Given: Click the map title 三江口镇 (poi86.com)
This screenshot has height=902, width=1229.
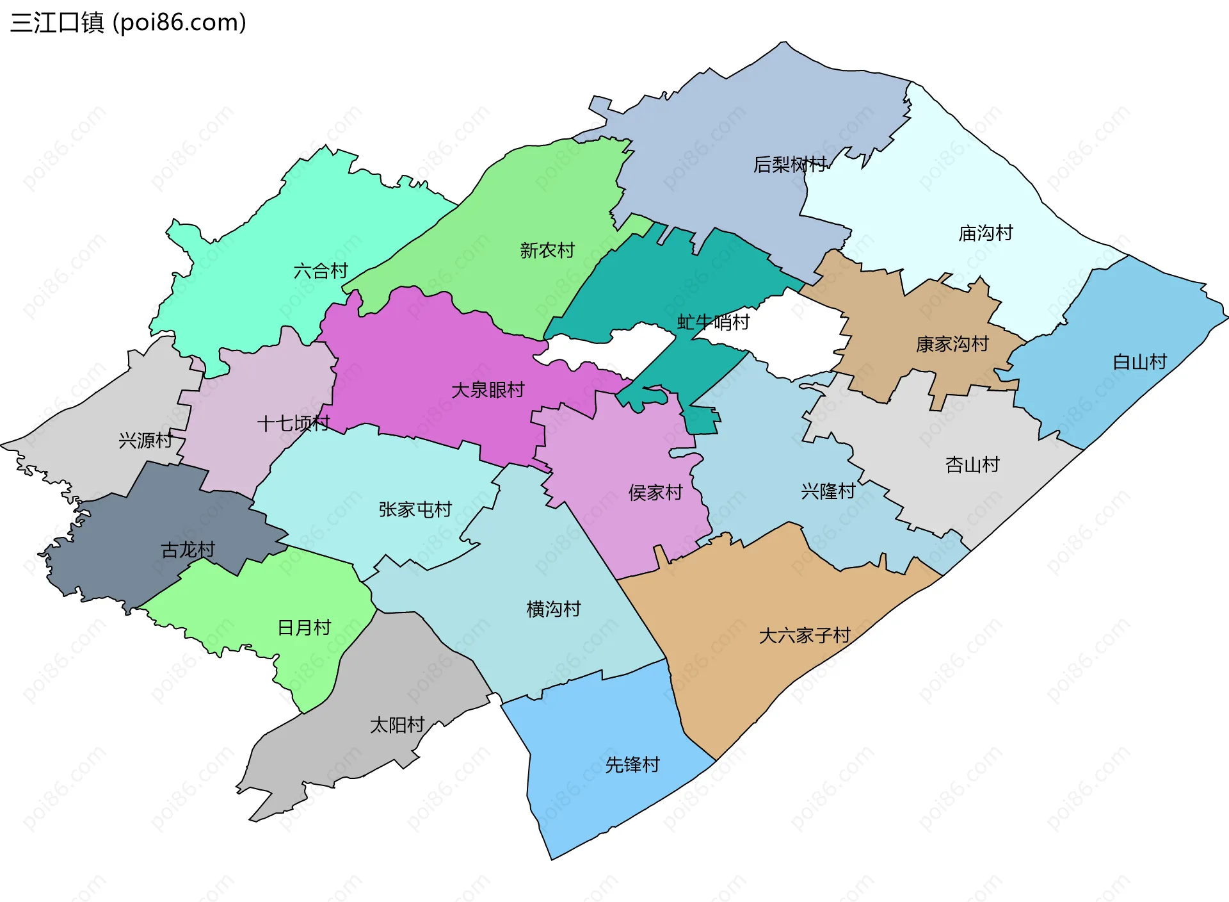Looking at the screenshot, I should [x=128, y=22].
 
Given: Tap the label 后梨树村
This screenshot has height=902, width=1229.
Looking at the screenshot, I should [x=790, y=165].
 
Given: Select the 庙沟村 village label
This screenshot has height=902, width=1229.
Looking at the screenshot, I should [x=985, y=233].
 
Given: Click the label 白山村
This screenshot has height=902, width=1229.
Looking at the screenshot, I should [x=1139, y=362].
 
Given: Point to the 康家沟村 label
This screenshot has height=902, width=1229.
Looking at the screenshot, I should [x=952, y=344].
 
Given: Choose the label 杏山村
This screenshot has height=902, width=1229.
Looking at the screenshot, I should [x=972, y=464].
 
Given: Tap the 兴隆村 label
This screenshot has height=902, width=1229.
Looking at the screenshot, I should [x=828, y=491].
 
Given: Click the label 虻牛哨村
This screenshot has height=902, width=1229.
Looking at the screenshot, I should [x=713, y=322].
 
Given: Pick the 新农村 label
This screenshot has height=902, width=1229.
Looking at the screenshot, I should [x=547, y=250].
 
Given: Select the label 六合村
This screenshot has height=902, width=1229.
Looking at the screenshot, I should [x=320, y=271].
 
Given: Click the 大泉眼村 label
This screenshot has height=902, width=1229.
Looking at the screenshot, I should [x=488, y=389].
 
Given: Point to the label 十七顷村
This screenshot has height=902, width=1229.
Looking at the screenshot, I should [x=293, y=423].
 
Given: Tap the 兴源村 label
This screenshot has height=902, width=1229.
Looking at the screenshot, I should [x=146, y=440].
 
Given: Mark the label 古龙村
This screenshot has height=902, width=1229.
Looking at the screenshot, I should [x=188, y=550].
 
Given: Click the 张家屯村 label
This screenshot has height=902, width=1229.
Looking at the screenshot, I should [x=415, y=509].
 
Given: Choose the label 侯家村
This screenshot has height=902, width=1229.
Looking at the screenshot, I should [x=655, y=493].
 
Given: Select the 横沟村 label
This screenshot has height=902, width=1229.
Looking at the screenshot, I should [x=553, y=609].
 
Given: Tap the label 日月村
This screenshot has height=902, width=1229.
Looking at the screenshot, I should [x=304, y=627].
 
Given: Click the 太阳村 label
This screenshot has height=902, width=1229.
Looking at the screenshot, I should [x=397, y=725].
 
